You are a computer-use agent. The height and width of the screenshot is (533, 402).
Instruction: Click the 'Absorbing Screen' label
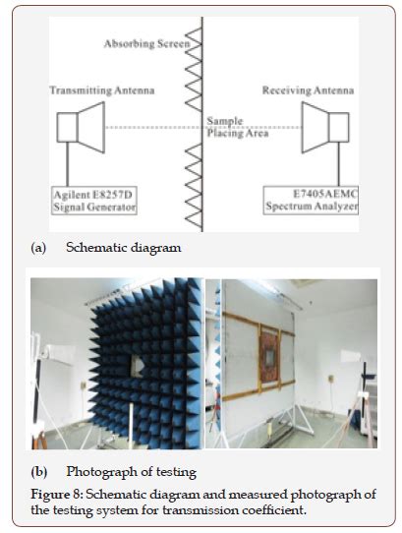[x=146, y=45]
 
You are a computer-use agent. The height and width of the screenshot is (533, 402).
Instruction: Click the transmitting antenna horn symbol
[x=81, y=128]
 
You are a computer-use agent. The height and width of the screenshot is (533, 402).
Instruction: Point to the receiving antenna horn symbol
[x=324, y=128]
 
